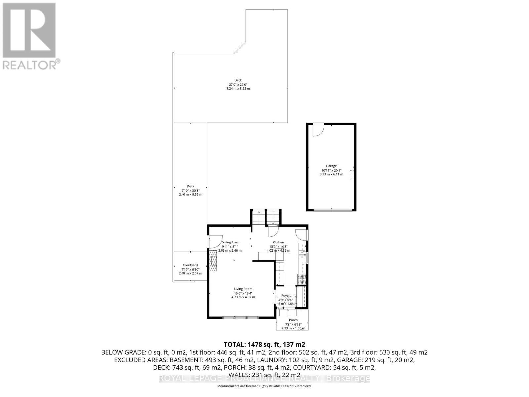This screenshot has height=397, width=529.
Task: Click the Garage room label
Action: point(331,166)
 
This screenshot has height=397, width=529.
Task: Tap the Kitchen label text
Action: point(278,242)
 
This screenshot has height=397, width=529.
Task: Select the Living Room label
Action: point(243,289)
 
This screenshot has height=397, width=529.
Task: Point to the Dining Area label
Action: point(230,243)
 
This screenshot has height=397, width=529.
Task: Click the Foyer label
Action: point(285,295)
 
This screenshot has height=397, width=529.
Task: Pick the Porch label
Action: point(293,320)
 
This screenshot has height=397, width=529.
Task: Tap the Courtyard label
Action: point(190,265)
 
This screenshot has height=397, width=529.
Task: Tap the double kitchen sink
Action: point(302,254)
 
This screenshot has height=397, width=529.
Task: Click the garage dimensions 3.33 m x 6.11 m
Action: point(331,174)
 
